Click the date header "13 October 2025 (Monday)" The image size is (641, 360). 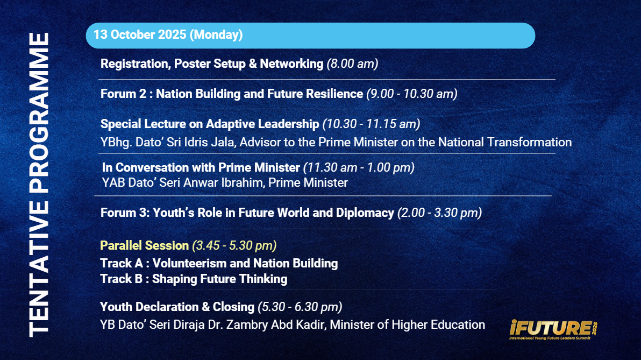click(x=168, y=35)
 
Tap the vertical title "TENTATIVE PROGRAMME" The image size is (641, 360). click(x=39, y=185)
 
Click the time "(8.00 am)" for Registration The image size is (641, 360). click(x=352, y=64)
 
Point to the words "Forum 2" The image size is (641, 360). click(x=123, y=94)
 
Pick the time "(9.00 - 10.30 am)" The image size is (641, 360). click(x=412, y=94)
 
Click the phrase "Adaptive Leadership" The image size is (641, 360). click(x=262, y=124)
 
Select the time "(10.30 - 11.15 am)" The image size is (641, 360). click(x=371, y=124)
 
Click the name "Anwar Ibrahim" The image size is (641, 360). click(x=224, y=182)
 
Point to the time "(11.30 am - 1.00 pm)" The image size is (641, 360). click(x=359, y=167)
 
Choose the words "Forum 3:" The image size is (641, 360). click(x=125, y=213)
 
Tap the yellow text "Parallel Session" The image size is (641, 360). click(x=144, y=245)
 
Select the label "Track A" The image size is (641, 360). click(x=122, y=264)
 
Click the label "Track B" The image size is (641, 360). click(x=122, y=279)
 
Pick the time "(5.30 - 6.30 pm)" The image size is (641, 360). click(x=300, y=307)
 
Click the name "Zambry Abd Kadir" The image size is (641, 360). click(x=276, y=325)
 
